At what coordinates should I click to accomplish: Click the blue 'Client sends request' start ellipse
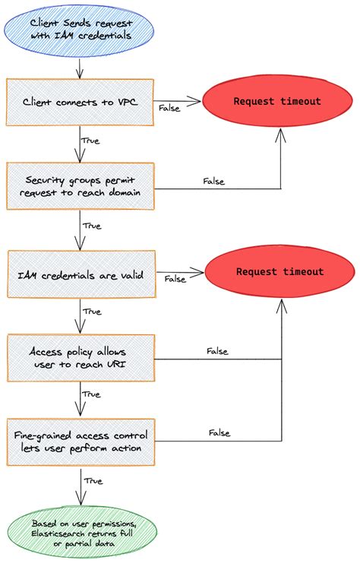(80, 30)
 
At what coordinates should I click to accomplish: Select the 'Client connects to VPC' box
(80, 102)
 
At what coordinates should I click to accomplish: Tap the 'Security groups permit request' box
(80, 186)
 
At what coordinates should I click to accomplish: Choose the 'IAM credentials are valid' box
(80, 273)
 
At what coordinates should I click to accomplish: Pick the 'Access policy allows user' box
(80, 356)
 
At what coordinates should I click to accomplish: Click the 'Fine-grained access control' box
(80, 441)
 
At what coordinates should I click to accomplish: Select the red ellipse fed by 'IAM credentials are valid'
(279, 272)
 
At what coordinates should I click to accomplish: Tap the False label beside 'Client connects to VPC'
(169, 108)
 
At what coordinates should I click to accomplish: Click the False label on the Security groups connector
(214, 181)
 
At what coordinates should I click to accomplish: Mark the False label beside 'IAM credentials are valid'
(175, 279)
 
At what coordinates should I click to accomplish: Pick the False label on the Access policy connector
(217, 351)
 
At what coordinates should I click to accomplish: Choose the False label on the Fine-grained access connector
(219, 433)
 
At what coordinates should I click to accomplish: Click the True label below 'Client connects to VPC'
(90, 141)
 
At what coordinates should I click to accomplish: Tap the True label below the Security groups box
(90, 226)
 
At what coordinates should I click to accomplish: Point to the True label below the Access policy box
(90, 394)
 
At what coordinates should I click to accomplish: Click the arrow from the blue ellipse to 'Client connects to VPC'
(80, 68)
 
